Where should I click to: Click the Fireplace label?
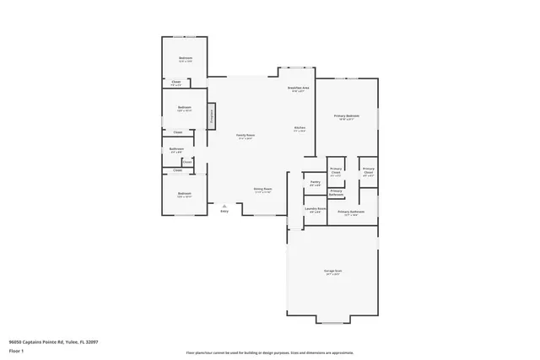click(x=211, y=116)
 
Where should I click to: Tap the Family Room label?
click(x=245, y=137)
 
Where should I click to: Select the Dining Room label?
click(x=262, y=190)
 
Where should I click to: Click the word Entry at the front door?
click(x=224, y=211)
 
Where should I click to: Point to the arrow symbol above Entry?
click(x=224, y=205)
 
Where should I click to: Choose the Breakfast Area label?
click(x=299, y=89)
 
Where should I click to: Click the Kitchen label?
click(x=299, y=130)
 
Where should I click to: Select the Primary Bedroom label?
click(x=347, y=116)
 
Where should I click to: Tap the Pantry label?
click(x=315, y=182)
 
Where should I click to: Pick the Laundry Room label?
click(x=315, y=211)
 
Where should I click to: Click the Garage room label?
click(x=332, y=271)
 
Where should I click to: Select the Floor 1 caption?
click(x=15, y=349)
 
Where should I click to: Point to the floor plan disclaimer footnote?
click(x=270, y=353)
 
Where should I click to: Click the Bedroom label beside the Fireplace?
click(x=184, y=109)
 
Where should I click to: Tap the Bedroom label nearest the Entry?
click(x=184, y=195)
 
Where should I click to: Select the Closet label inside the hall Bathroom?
click(x=186, y=161)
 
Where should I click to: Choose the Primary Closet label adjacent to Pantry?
click(x=336, y=171)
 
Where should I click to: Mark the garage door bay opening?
click(x=335, y=323)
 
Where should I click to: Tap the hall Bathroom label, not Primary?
click(x=176, y=150)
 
